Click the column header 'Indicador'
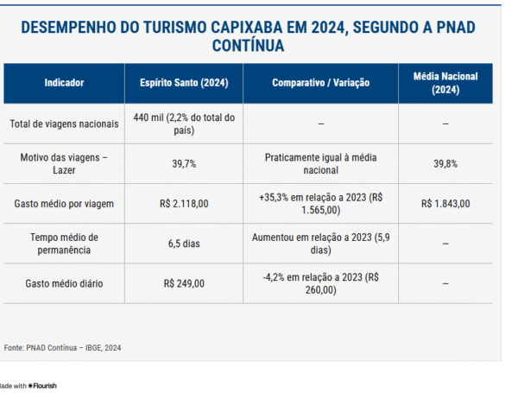pyautogui.click(x=64, y=83)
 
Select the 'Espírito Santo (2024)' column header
pyautogui.click(x=184, y=83)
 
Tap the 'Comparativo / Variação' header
pyautogui.click(x=320, y=83)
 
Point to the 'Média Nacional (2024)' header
pyautogui.click(x=445, y=83)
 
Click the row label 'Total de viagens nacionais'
pyautogui.click(x=64, y=124)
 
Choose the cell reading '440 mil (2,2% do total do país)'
pyautogui.click(x=184, y=124)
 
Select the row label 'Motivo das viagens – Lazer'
pyautogui.click(x=64, y=163)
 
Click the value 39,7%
pyautogui.click(x=184, y=163)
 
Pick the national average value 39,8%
pyautogui.click(x=445, y=163)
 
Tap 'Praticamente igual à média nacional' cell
pyautogui.click(x=320, y=163)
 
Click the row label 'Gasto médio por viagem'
pyautogui.click(x=64, y=204)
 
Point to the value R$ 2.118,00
pyautogui.click(x=184, y=204)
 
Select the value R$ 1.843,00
pyautogui.click(x=445, y=204)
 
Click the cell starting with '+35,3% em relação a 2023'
pyautogui.click(x=320, y=204)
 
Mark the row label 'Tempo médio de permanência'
pyautogui.click(x=64, y=244)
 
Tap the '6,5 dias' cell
pyautogui.click(x=184, y=244)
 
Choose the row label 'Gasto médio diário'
pyautogui.click(x=64, y=283)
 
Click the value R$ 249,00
pyautogui.click(x=184, y=283)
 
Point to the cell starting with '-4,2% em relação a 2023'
pyautogui.click(x=320, y=283)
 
